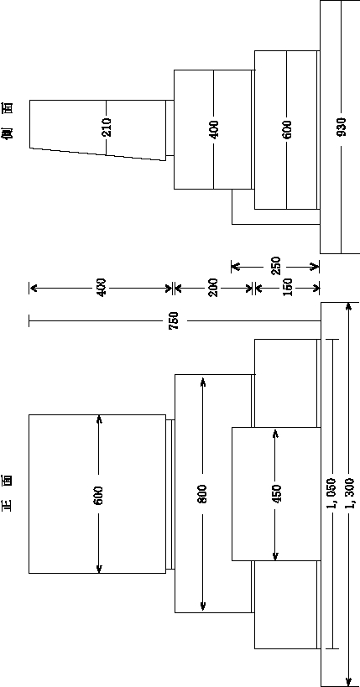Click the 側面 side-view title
click(8, 121)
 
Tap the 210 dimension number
click(106, 127)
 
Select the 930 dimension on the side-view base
click(342, 127)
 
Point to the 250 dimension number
click(276, 266)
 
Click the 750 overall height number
click(174, 320)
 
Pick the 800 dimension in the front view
click(202, 493)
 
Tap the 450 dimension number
click(277, 494)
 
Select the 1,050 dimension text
click(331, 494)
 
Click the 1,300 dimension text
click(349, 494)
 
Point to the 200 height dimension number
click(213, 288)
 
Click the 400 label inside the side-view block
click(213, 129)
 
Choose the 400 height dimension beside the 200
click(102, 288)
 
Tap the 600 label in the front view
click(98, 495)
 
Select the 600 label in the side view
click(287, 129)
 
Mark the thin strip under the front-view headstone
click(170, 494)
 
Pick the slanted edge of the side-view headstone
click(98, 154)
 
